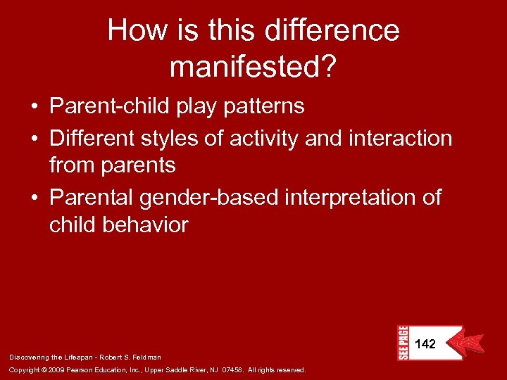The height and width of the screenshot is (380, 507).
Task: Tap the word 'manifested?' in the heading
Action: (x=253, y=67)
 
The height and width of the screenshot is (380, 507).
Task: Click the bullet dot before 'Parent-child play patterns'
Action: (x=34, y=107)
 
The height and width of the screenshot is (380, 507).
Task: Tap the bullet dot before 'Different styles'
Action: (x=34, y=139)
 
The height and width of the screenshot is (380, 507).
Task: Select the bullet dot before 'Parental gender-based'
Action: (x=34, y=198)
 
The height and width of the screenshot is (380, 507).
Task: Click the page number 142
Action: (x=425, y=344)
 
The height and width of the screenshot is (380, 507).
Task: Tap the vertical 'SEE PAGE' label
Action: (x=403, y=343)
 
